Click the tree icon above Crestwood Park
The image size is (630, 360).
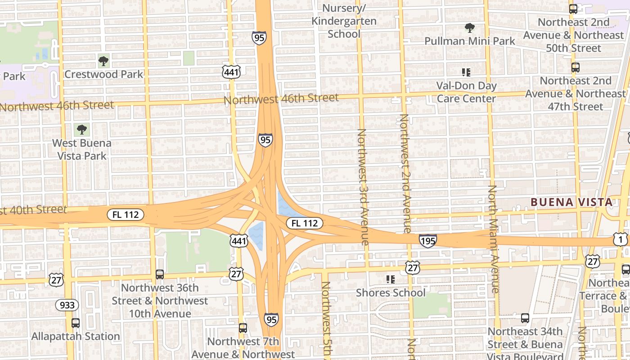point(103,61)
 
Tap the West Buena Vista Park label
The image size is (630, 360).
point(82,149)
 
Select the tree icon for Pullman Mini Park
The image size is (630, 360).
point(470,28)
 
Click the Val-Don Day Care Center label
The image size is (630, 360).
point(466,92)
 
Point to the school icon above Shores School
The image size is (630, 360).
point(391,279)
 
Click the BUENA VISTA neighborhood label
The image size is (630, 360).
point(571,202)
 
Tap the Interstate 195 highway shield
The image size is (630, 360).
point(427,241)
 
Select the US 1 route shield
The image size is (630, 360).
point(620,239)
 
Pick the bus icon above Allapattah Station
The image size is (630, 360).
point(76,323)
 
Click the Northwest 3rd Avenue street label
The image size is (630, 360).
point(362,187)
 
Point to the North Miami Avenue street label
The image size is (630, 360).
point(494,238)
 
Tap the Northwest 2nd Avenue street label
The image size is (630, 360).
point(405,173)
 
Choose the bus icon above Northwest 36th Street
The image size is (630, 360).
point(160,274)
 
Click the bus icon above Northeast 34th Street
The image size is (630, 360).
point(525,318)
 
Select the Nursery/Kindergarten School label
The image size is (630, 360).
point(344,21)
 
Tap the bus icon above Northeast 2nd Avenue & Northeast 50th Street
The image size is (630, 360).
point(573,9)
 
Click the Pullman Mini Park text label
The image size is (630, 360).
point(470,41)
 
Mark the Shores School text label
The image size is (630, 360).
point(391,292)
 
